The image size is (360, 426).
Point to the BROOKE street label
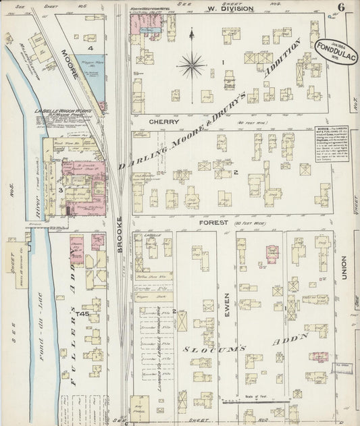(x=120, y=236)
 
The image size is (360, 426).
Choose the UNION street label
(x=343, y=269)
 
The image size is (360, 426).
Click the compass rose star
(x=192, y=65)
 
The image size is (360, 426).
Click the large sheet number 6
(x=343, y=7)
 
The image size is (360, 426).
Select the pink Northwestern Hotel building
(x=147, y=22)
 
